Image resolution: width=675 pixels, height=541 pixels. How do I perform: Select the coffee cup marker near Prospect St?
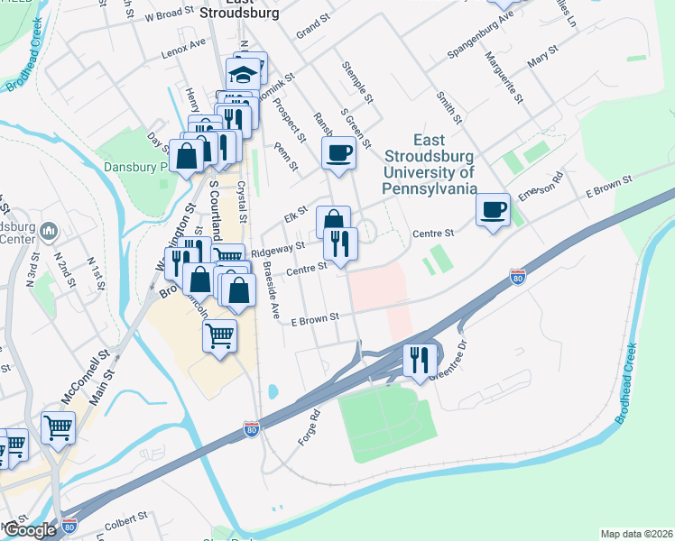pos(338,152)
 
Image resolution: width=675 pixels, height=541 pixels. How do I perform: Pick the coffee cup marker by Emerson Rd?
pos(493,210)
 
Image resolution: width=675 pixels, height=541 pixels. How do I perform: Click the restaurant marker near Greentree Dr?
pos(420,359)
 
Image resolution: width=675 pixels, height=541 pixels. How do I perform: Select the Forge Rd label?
pos(310,427)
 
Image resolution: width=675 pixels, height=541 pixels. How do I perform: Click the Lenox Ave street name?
pos(184,45)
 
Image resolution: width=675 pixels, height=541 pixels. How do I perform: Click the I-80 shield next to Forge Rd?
pos(252,433)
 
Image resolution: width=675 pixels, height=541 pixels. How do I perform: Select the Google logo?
pos(30,531)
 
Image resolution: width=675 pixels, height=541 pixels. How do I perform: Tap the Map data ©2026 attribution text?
pos(636,534)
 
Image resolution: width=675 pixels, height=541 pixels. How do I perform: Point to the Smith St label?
pos(448,106)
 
